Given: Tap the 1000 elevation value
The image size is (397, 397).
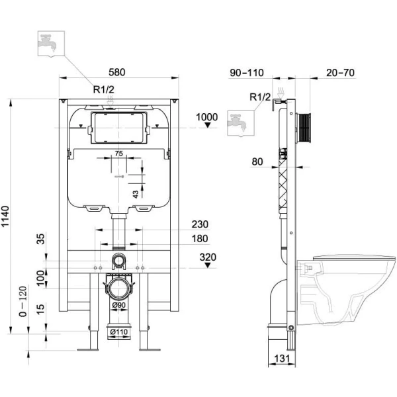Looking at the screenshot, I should (x=206, y=117).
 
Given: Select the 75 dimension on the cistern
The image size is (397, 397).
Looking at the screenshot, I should (x=118, y=154).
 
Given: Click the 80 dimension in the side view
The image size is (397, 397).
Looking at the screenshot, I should (x=257, y=160).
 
